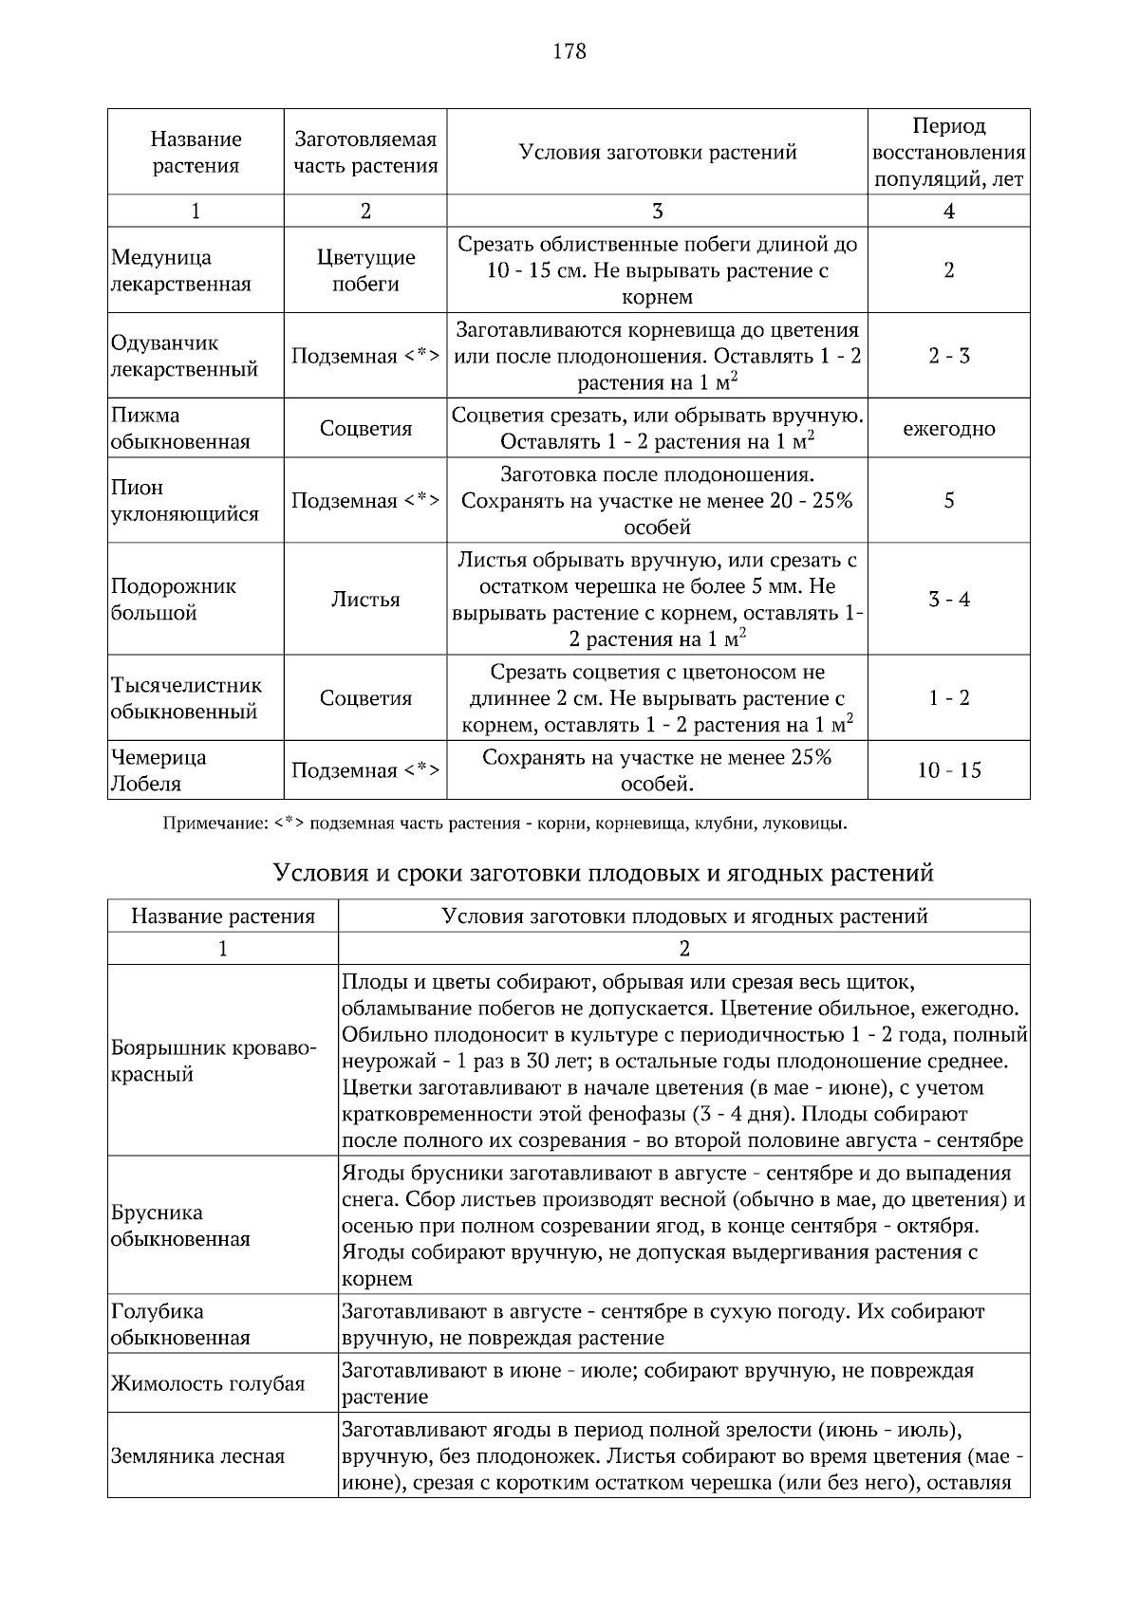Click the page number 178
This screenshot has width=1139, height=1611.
click(x=569, y=51)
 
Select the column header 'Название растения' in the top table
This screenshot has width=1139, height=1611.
click(x=196, y=152)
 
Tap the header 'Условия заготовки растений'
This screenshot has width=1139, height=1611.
click(x=657, y=152)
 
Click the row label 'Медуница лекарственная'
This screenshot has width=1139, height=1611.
click(x=180, y=270)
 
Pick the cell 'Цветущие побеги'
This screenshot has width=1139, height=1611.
click(x=365, y=270)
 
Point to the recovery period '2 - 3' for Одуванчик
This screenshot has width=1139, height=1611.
click(x=948, y=357)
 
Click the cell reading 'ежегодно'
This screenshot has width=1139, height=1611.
click(x=948, y=429)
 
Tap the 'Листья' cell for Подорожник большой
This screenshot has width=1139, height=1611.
click(x=365, y=600)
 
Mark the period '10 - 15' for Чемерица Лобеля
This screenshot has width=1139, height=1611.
click(x=948, y=770)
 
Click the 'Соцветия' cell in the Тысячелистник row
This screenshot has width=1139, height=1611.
click(x=365, y=698)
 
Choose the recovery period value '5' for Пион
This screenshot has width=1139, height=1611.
click(x=948, y=501)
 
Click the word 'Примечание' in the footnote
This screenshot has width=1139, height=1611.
click(x=215, y=824)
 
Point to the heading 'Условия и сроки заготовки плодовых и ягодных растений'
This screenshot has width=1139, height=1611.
click(x=604, y=873)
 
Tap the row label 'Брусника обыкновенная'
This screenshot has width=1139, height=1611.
click(x=180, y=1226)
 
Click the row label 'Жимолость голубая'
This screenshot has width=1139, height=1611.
click(x=208, y=1383)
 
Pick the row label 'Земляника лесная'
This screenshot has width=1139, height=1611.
click(x=197, y=1456)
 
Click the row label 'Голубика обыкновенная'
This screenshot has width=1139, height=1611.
click(x=180, y=1324)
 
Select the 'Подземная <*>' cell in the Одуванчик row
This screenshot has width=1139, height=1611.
click(x=365, y=357)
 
